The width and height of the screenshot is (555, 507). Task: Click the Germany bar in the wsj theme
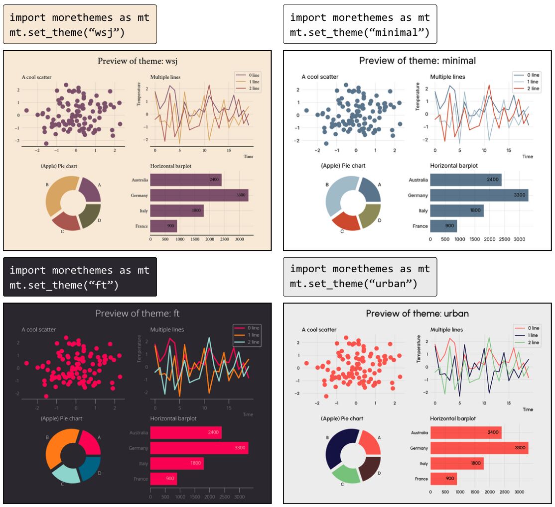click(x=199, y=195)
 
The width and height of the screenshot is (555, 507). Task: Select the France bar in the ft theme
click(x=163, y=479)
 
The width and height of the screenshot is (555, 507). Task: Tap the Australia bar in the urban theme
click(x=466, y=432)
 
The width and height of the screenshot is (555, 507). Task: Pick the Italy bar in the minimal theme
click(x=457, y=211)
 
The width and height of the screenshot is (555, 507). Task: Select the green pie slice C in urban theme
click(x=346, y=473)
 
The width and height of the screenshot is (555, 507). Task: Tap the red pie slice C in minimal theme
click(x=345, y=221)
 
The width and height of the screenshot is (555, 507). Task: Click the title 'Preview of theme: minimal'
click(x=417, y=61)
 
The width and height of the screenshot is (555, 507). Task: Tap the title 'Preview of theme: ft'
click(x=138, y=313)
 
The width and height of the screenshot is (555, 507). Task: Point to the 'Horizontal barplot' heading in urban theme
click(x=453, y=418)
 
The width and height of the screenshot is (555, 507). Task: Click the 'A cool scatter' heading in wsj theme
click(x=36, y=77)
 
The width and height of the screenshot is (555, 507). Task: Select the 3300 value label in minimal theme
click(x=520, y=195)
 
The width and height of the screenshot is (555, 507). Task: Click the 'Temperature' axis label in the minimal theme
click(x=418, y=97)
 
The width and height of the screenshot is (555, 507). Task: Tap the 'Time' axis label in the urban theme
click(x=528, y=409)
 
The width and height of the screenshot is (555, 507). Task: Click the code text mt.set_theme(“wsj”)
click(x=67, y=32)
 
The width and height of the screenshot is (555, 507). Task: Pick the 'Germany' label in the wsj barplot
click(x=139, y=196)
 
